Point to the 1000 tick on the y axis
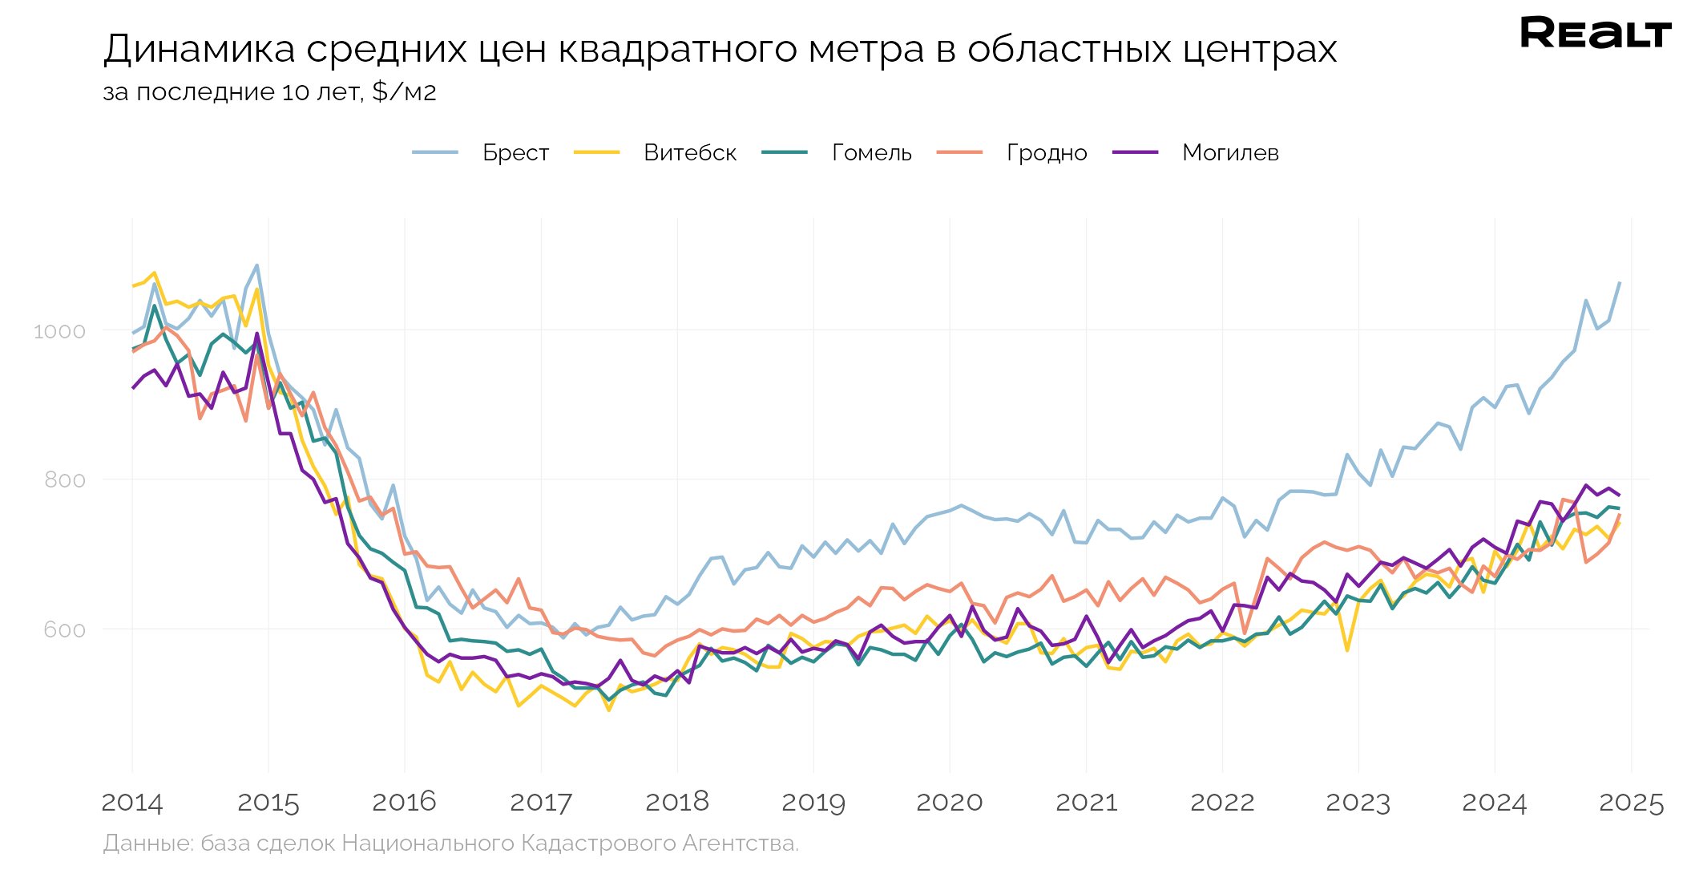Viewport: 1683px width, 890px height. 59,331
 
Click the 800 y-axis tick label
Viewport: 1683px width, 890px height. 64,480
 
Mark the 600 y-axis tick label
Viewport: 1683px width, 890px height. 64,629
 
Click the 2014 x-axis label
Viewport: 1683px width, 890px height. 132,802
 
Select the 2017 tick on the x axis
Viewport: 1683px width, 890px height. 541,802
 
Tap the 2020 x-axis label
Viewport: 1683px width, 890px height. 950,802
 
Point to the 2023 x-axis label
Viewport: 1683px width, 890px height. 1358,802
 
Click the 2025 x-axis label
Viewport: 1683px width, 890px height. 1631,802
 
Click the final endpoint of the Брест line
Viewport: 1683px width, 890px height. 1620,283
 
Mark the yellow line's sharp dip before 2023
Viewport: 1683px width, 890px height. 1347,650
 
